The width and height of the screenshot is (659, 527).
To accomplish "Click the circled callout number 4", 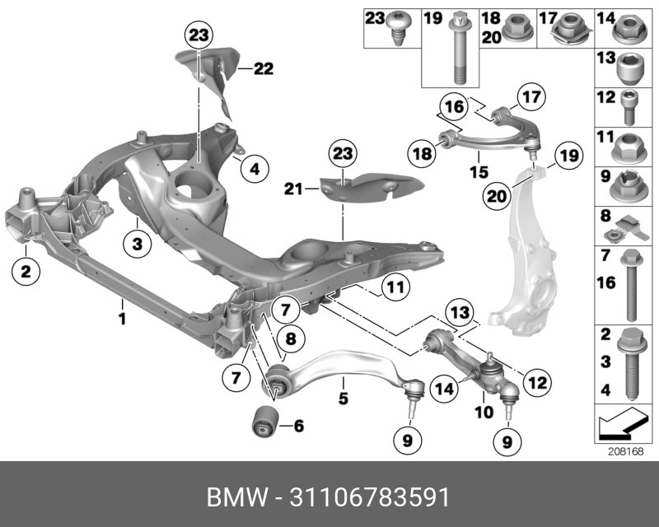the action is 255,170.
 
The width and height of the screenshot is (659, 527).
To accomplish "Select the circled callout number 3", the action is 138,243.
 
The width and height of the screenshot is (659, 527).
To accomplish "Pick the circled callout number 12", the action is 536,382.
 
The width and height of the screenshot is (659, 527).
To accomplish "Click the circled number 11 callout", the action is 395,287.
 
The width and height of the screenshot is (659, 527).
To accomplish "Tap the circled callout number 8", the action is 289,338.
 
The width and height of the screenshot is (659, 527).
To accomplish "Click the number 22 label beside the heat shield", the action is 263,69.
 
